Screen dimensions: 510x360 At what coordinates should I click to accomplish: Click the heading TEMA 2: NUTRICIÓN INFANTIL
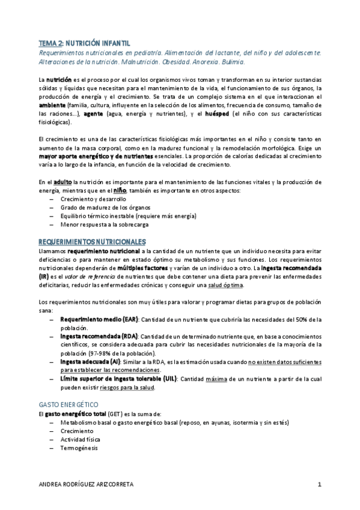coord(84,43)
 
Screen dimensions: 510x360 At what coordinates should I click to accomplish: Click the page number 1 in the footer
coord(320,484)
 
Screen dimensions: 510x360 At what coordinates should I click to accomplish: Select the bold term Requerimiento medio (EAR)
coord(100,319)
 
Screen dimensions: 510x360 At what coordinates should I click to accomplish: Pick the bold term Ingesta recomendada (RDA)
coord(99,335)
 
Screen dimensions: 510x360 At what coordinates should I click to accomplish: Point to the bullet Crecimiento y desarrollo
coord(89,199)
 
